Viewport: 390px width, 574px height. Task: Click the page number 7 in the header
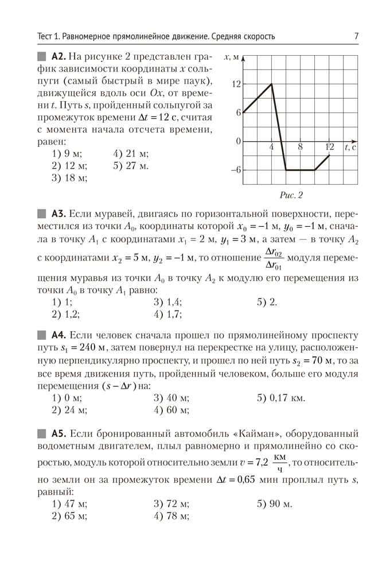click(356, 37)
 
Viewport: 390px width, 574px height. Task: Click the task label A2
click(60, 56)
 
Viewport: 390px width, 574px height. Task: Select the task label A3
click(60, 214)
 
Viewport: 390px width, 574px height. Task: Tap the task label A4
click(60, 335)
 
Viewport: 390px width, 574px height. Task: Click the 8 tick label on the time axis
click(300, 148)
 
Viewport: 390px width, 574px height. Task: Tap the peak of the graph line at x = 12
click(271, 84)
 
